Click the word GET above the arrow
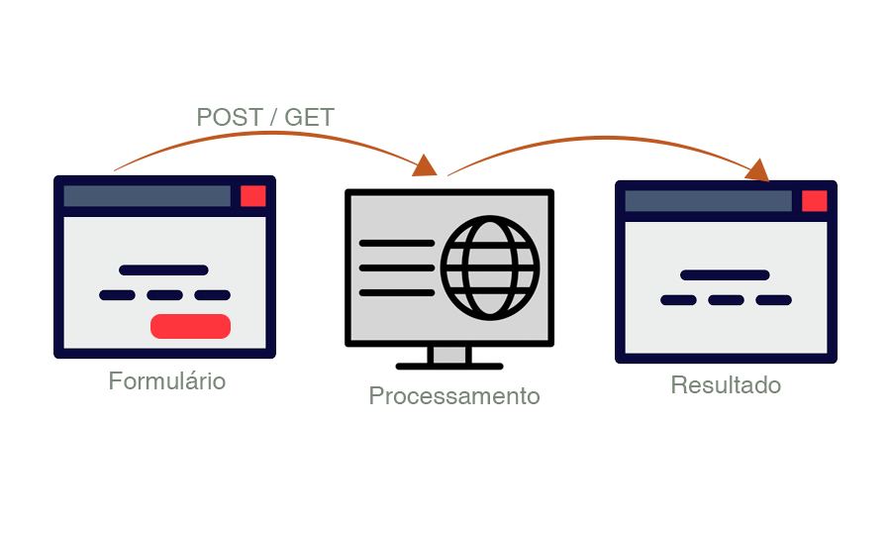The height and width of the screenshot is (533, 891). click(309, 117)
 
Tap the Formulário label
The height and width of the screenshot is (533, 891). click(167, 381)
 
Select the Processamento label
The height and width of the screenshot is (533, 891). click(454, 396)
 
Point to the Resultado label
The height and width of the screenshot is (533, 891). click(726, 385)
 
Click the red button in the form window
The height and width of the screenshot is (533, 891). click(190, 326)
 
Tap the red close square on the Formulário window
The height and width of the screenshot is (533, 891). click(253, 196)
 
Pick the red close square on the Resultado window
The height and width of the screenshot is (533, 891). click(814, 201)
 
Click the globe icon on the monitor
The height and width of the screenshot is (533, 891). click(490, 268)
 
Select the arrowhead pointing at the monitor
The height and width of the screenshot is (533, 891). click(426, 165)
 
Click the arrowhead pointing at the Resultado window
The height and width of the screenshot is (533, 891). click(757, 169)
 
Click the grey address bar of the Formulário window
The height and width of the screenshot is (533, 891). click(147, 196)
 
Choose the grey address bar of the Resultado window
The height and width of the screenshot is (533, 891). click(708, 201)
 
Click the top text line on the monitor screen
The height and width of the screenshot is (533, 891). click(396, 243)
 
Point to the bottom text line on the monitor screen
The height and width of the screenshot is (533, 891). click(396, 292)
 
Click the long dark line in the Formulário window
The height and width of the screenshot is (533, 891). click(163, 269)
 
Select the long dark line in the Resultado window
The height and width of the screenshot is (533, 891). click(725, 274)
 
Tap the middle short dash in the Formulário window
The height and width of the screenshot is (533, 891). click(164, 295)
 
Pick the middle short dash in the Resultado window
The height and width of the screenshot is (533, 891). click(726, 300)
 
